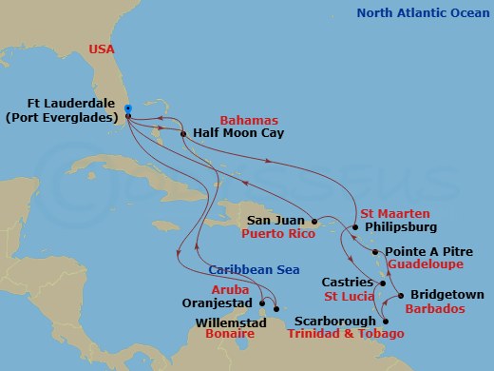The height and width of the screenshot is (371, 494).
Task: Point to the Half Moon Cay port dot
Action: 186,134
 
